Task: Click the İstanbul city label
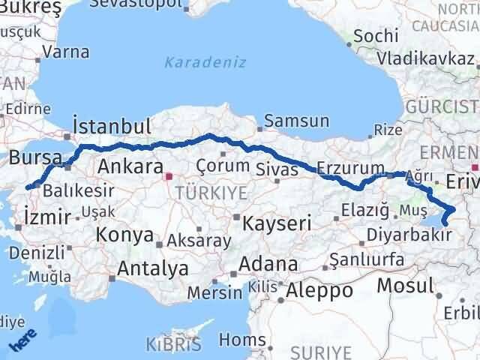[x=112, y=125]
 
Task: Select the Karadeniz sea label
[x=205, y=62]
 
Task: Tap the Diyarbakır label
[x=409, y=235]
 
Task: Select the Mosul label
[x=406, y=285]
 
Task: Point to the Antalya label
[x=152, y=268]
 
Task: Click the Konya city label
[x=124, y=236]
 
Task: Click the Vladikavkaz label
[x=427, y=57]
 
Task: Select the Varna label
[x=66, y=52]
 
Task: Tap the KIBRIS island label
[x=174, y=345]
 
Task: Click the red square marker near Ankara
[x=169, y=177]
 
